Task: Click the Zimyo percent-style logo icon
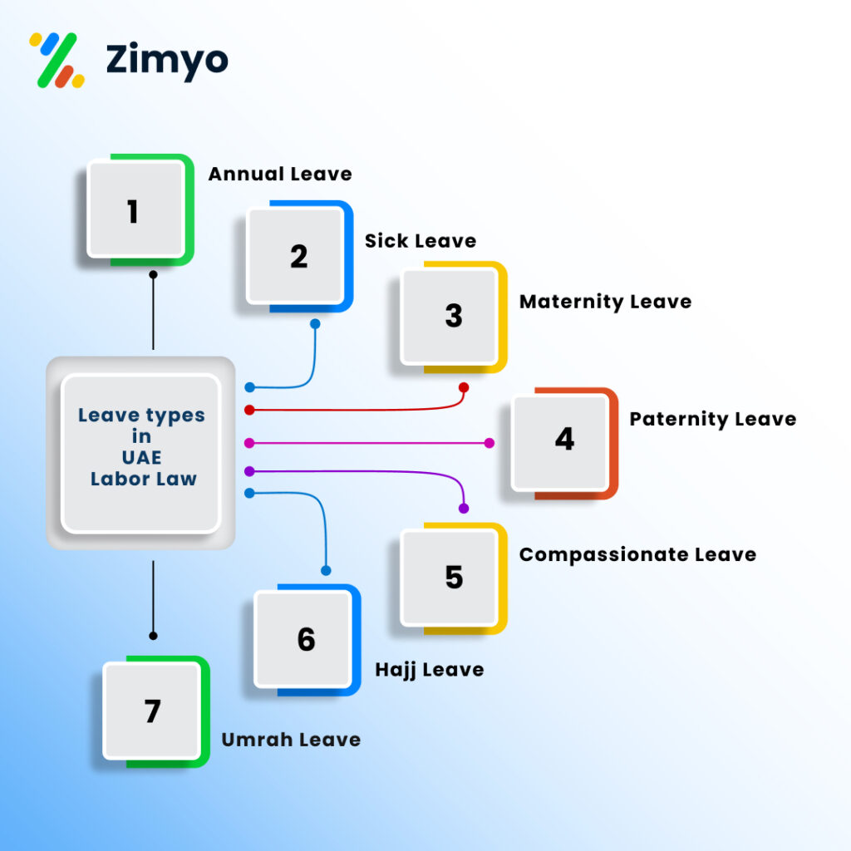pos(57,60)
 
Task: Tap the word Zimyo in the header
pos(167,61)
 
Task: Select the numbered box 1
pos(140,210)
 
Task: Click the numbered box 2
pos(299,256)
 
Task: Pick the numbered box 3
pos(454,317)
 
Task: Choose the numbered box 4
pos(564,443)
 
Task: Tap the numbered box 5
pos(454,578)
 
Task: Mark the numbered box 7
pos(156,711)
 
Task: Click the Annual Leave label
pos(280,174)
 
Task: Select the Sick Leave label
pos(421,240)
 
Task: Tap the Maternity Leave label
pos(605,302)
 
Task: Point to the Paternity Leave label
pos(712,419)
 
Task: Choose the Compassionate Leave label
pos(637,554)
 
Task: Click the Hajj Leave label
pos(430,671)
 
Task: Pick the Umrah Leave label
pos(291,740)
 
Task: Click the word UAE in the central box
pos(141,458)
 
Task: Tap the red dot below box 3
pos(464,387)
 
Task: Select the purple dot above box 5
pos(464,509)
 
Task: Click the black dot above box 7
pos(153,636)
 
